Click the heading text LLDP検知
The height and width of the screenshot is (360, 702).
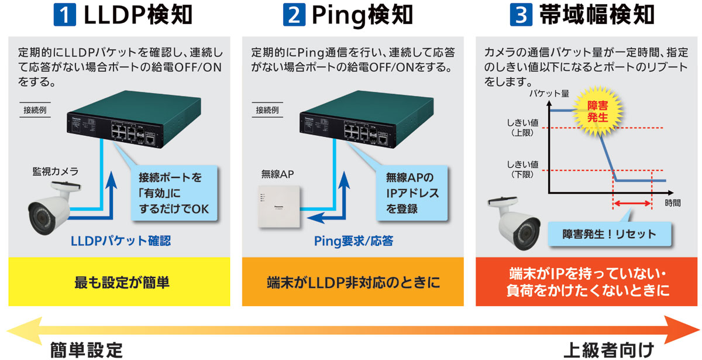tap(138, 16)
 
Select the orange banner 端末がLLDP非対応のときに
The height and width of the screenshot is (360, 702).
tap(353, 283)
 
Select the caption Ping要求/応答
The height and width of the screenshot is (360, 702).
tap(353, 241)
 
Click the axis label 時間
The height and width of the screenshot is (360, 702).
tap(673, 203)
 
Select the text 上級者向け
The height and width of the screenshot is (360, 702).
tap(608, 351)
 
